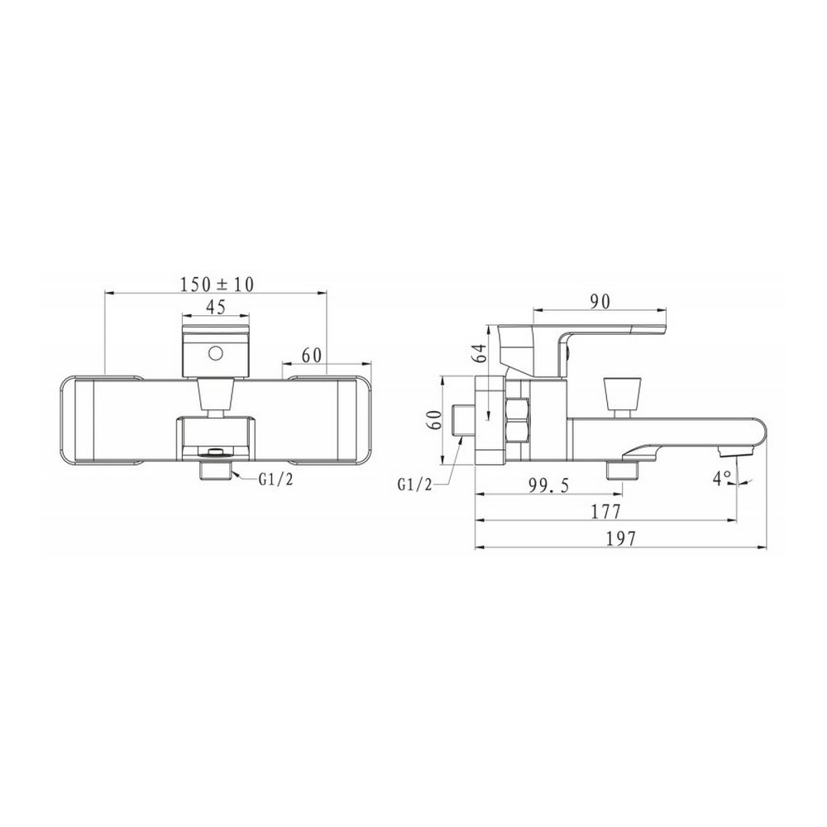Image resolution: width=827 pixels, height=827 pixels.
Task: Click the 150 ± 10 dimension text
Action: (217, 284)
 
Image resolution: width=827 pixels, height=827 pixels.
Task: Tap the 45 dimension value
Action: (215, 307)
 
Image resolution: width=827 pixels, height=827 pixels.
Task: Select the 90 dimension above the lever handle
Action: (600, 301)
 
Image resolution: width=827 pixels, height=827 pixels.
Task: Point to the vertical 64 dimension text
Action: (477, 352)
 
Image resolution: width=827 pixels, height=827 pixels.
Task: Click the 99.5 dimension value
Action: (548, 485)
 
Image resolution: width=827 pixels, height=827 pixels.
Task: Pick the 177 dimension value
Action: (606, 511)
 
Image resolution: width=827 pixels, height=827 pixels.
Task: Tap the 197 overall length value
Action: (621, 538)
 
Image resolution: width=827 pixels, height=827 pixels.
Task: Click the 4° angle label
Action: (722, 477)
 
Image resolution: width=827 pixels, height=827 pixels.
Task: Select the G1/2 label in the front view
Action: (275, 479)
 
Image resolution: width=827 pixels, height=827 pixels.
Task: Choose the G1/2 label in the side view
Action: (414, 485)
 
